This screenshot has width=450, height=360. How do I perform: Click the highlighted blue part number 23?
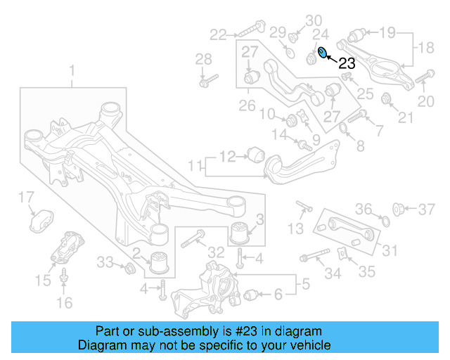coord(322,53)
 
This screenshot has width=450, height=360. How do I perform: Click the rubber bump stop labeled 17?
coord(41,219)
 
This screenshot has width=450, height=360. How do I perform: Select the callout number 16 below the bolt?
coord(64,304)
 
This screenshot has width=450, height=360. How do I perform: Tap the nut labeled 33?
coord(129,269)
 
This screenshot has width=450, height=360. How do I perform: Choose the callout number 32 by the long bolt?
coord(216,252)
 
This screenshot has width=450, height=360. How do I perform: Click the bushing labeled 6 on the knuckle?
coord(252,295)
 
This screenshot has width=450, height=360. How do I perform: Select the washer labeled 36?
coord(384,222)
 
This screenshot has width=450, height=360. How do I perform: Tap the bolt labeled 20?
coord(425,78)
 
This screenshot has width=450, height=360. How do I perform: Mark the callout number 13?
coord(296,229)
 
